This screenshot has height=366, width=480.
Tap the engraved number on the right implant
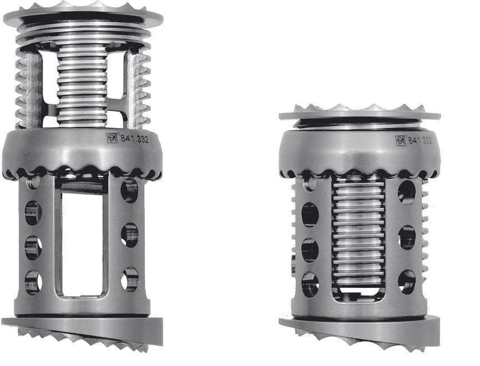point(420,140)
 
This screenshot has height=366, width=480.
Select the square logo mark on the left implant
point(111,138)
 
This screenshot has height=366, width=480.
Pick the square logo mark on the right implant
point(400,140)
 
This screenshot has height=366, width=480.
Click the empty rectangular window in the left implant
point(84,244)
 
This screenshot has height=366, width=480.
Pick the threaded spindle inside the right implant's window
point(358,233)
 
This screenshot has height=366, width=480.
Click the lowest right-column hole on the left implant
point(130,279)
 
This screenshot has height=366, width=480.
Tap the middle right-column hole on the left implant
point(130,235)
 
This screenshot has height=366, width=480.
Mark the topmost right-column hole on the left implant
point(130,190)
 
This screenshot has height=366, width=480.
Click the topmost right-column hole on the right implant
point(406,192)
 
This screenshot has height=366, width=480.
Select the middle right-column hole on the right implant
point(407,237)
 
